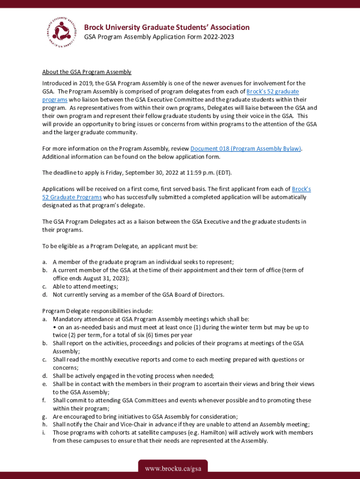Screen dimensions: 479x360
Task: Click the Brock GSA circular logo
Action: (60, 32)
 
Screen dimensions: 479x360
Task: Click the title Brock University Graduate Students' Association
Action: (166, 27)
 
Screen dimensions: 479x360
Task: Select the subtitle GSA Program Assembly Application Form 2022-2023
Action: (159, 37)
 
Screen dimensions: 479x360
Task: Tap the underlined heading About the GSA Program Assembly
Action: (86, 72)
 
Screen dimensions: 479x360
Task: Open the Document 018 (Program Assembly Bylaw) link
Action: (245, 149)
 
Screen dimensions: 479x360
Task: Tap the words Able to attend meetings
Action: (85, 286)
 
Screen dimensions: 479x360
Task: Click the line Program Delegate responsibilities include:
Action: (97, 311)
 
